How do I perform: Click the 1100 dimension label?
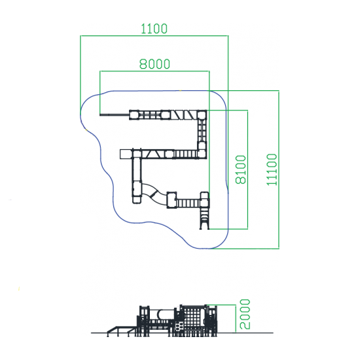154,29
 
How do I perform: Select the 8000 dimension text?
154,64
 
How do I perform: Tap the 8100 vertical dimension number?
241,170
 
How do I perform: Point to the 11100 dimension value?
272,170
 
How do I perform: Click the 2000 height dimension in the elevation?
245,314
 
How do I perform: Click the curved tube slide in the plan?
154,194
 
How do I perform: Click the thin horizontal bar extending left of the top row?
115,115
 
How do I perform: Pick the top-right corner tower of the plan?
202,115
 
